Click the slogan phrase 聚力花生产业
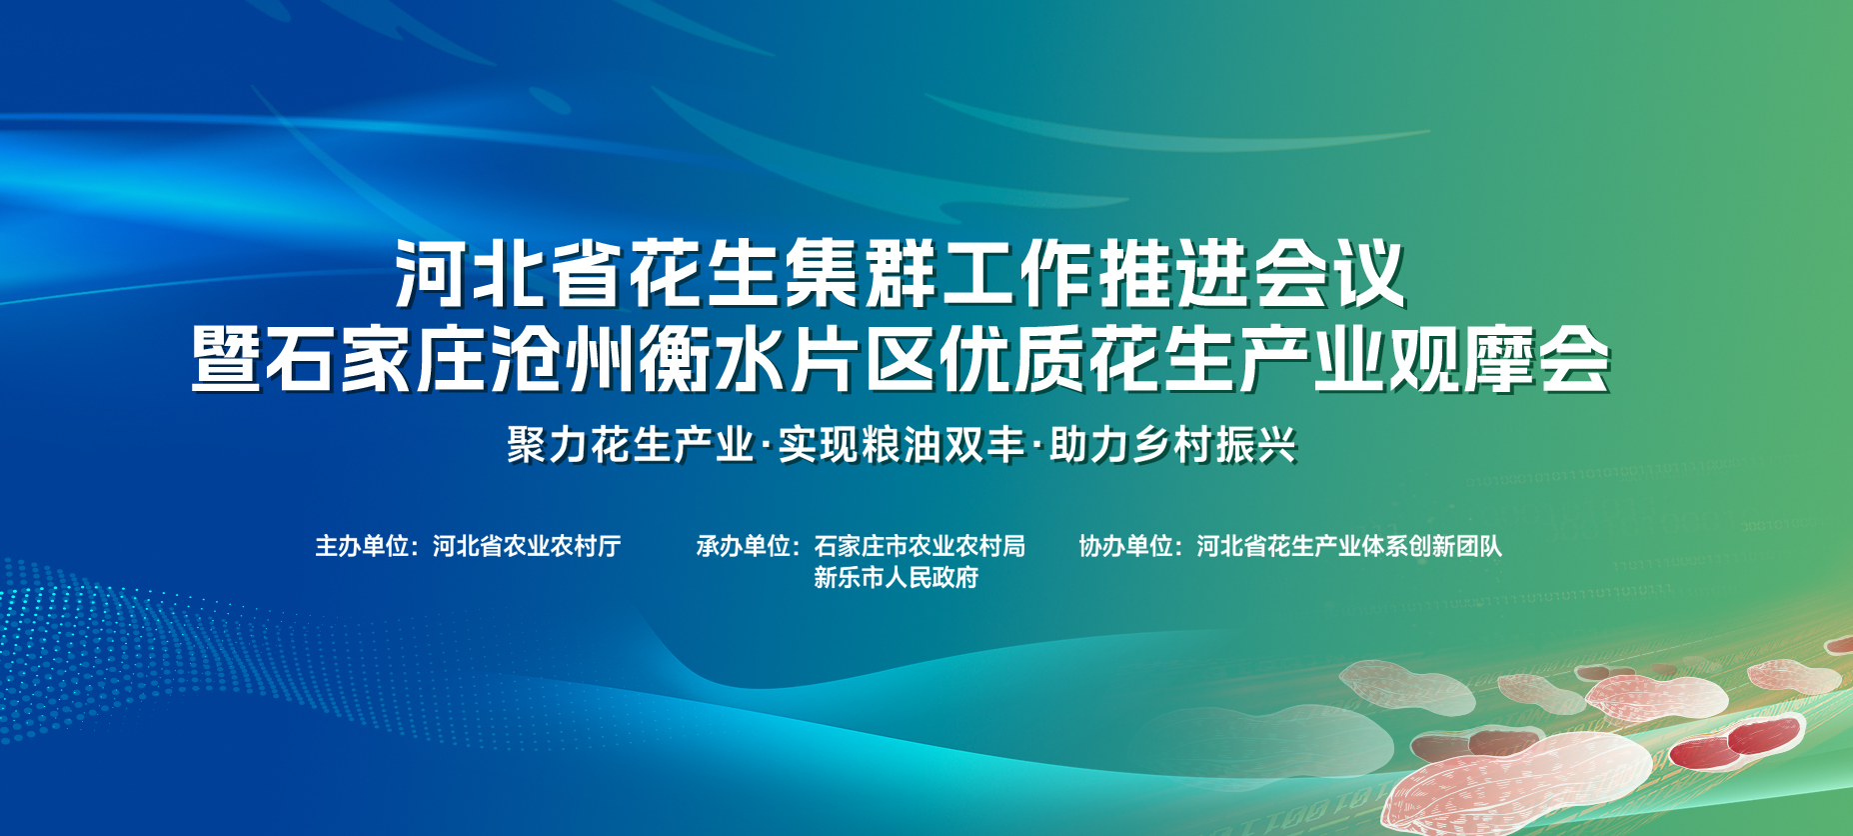pyautogui.click(x=630, y=445)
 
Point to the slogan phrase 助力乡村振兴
pyautogui.click(x=1173, y=445)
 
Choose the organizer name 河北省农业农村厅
pyautogui.click(x=527, y=546)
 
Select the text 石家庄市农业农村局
pyautogui.click(x=920, y=546)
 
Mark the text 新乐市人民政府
pyautogui.click(x=896, y=578)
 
